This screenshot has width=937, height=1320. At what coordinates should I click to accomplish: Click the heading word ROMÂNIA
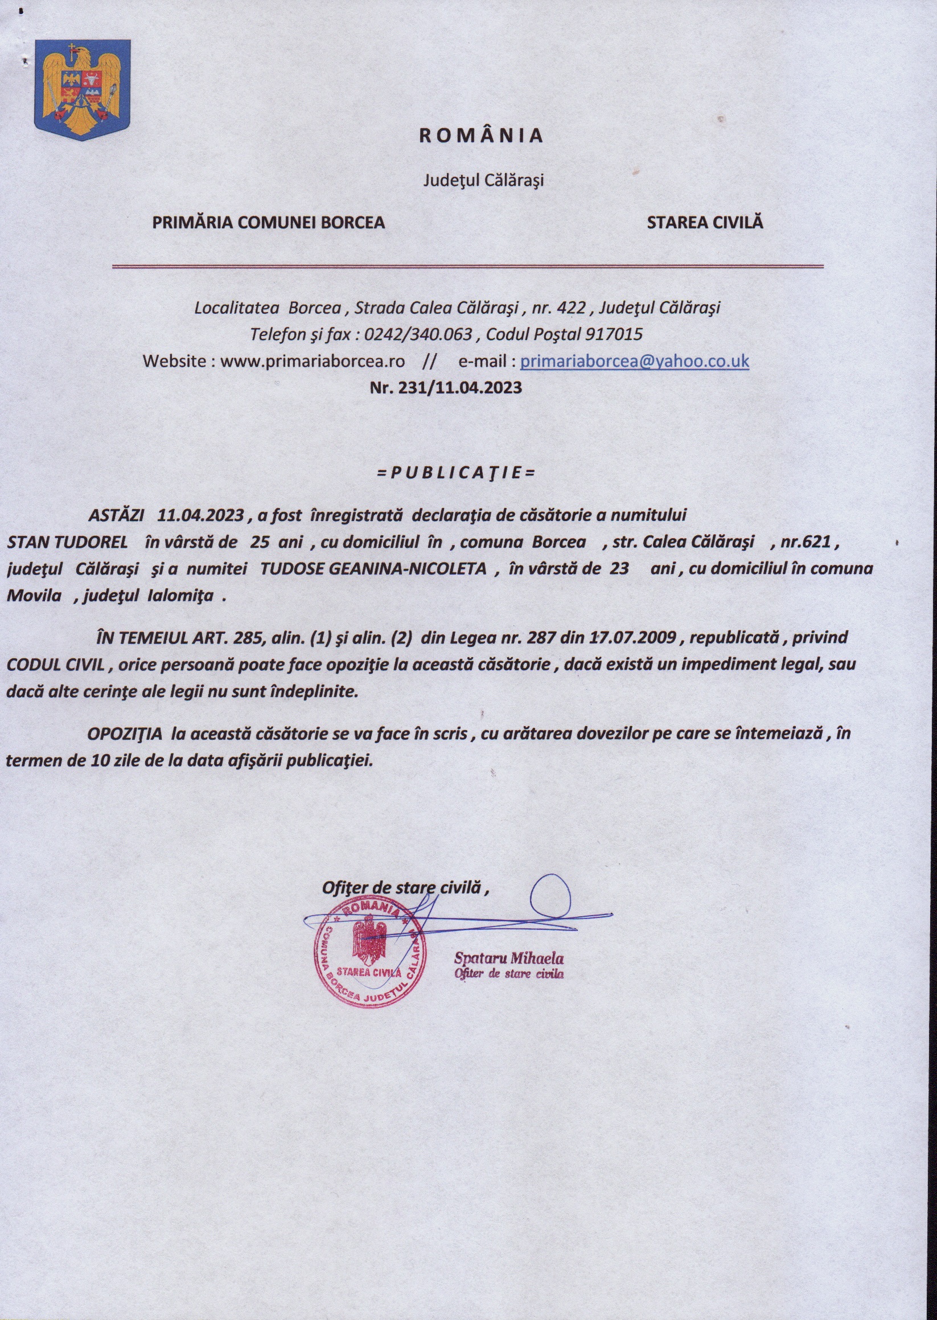[x=480, y=135]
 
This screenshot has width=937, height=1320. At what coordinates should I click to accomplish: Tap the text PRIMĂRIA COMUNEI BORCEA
[x=268, y=222]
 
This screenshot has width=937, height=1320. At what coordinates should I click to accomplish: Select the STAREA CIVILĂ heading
[x=705, y=222]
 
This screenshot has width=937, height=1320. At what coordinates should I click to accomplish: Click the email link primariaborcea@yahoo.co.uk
[x=635, y=361]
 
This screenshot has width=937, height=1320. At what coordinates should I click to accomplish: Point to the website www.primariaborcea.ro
[x=313, y=361]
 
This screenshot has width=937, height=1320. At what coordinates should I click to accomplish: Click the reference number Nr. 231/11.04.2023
[x=445, y=387]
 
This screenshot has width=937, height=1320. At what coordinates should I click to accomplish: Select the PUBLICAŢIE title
[x=456, y=473]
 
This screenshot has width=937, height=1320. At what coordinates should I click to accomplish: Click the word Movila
[x=34, y=595]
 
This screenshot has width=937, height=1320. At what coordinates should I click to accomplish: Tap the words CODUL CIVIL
[x=55, y=664]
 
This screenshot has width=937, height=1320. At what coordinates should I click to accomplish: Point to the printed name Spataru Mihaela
[x=509, y=959]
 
